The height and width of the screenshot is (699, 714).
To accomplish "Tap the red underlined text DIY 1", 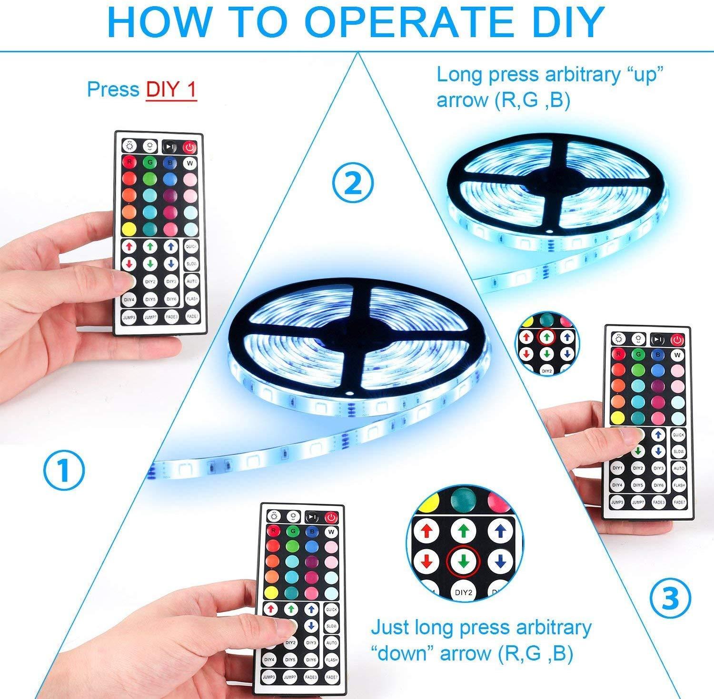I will click(171, 89).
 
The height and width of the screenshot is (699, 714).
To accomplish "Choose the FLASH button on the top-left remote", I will click(191, 299).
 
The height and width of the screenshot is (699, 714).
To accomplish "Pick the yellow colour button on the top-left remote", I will click(128, 229).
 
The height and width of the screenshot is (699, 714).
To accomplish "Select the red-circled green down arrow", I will click(464, 562).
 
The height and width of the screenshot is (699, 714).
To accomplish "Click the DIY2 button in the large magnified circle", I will click(464, 592).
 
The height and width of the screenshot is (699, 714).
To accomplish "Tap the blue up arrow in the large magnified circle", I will click(499, 531).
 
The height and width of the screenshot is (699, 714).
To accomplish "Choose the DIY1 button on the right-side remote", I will click(617, 468).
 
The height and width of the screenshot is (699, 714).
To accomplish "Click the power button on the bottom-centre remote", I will click(331, 517).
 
